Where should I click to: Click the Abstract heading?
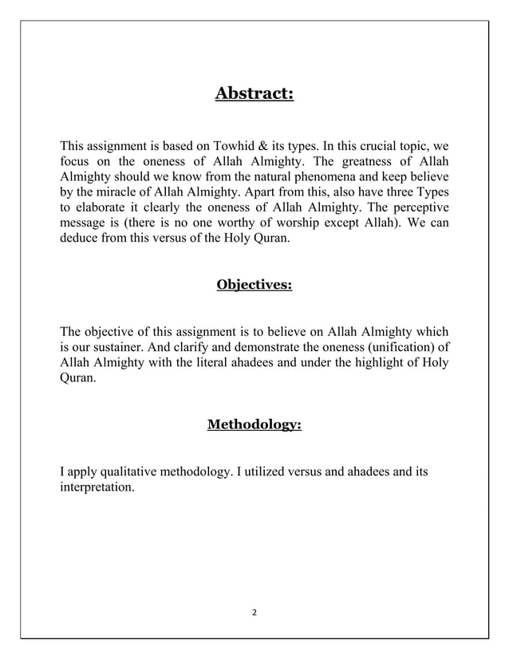coord(254,94)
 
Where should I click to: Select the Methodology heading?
coord(254,425)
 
